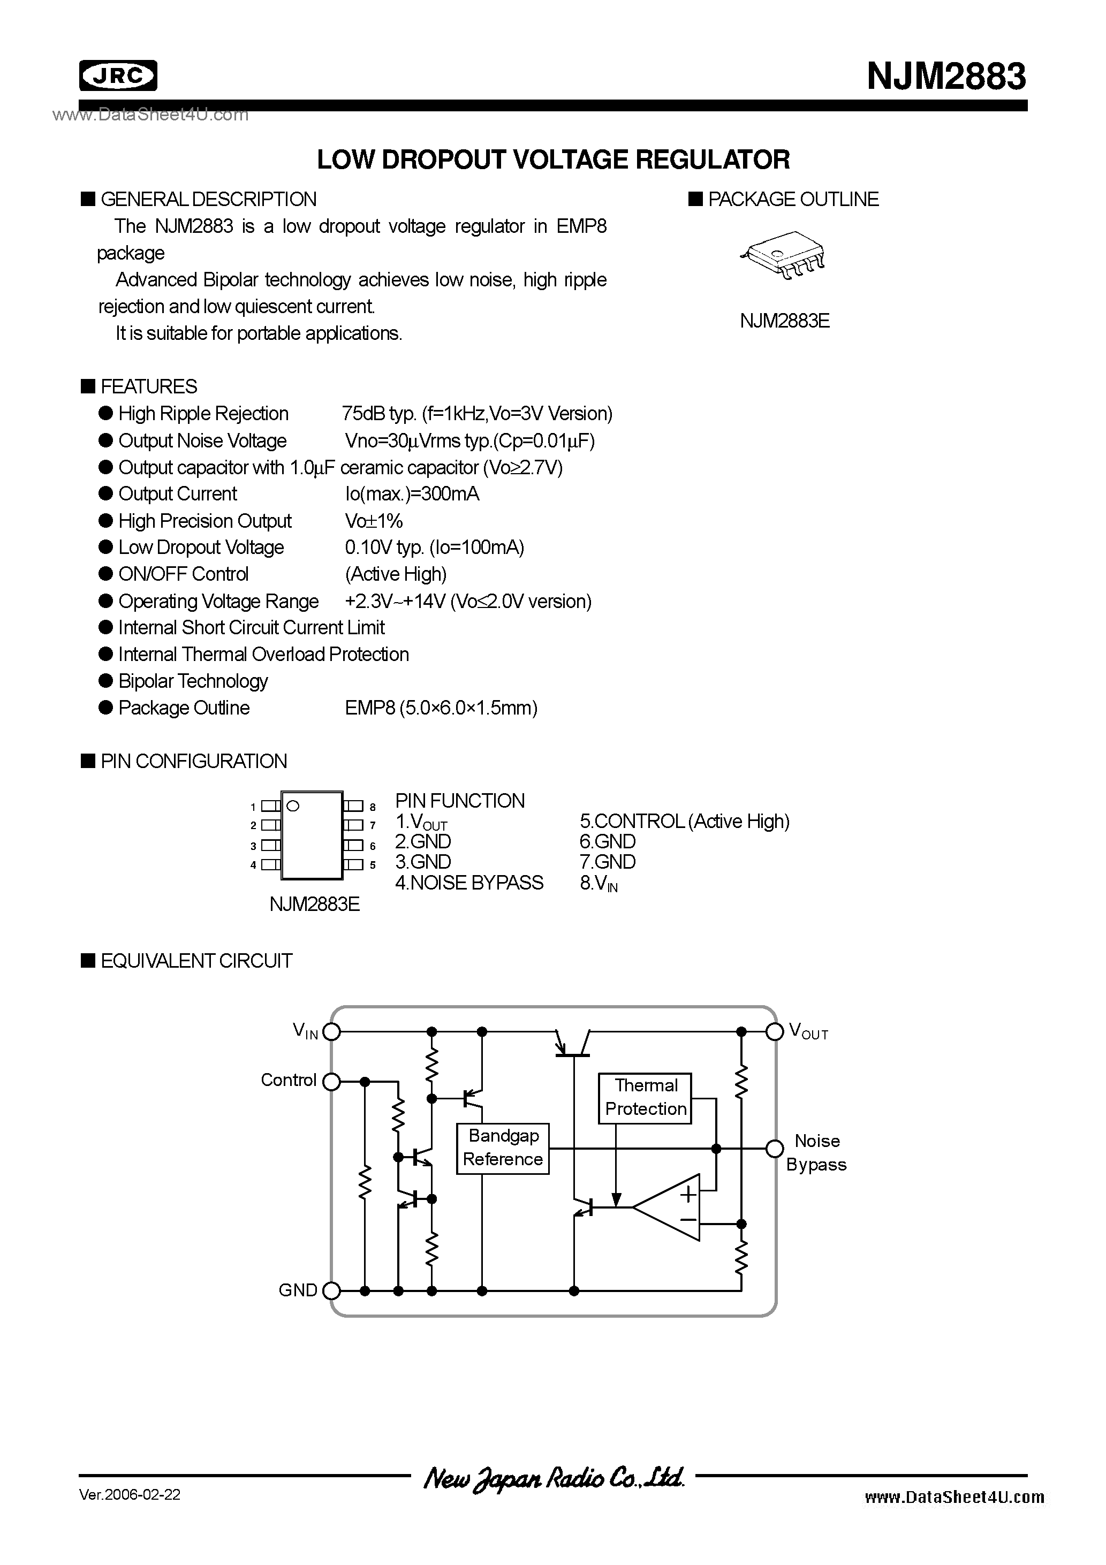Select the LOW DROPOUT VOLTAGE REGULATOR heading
click(x=553, y=159)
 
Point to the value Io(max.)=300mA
click(x=412, y=493)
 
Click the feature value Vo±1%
click(x=374, y=521)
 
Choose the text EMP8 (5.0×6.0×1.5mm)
click(x=441, y=708)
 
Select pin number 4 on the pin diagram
click(x=253, y=865)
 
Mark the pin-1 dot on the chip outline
click(x=293, y=806)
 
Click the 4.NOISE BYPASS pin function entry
click(x=469, y=883)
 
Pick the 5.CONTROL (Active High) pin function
click(x=684, y=822)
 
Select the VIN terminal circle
click(x=331, y=1032)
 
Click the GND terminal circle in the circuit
click(x=331, y=1290)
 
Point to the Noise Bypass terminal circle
click(x=774, y=1149)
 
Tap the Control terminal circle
click(x=331, y=1081)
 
